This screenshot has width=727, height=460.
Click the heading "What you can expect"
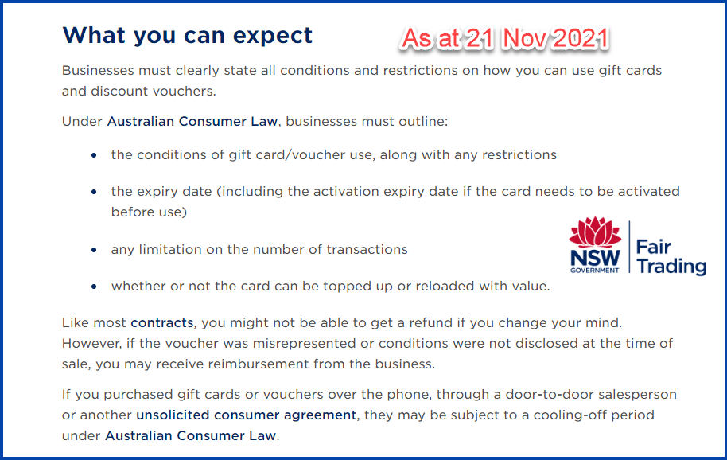(x=187, y=36)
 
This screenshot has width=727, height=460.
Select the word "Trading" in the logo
(x=671, y=267)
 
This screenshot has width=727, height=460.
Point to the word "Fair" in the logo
(x=654, y=246)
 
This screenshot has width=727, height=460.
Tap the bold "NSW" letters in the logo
(x=594, y=259)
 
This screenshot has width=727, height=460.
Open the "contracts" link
(x=162, y=323)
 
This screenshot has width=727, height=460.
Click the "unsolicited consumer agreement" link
(x=247, y=415)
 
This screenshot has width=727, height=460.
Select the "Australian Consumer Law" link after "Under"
(x=192, y=122)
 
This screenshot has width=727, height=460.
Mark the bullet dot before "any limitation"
(x=95, y=250)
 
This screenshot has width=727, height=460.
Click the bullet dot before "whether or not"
(x=95, y=287)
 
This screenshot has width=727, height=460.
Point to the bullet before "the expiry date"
(x=95, y=193)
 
